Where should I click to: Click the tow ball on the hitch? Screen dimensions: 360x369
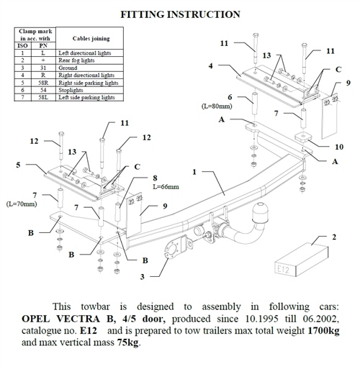[x=259, y=211]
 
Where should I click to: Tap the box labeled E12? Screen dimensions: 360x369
[x=301, y=260]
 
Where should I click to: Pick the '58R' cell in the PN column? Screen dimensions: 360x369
[x=43, y=83]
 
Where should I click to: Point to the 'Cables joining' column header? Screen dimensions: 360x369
[x=91, y=38]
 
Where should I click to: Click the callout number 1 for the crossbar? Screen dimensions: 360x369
[x=194, y=172]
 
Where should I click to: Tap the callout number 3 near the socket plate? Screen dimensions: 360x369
[x=143, y=277]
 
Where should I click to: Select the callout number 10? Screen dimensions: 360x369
[x=339, y=147]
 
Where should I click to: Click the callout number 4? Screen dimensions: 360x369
[x=210, y=65]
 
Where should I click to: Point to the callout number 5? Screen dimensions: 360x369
[x=18, y=165]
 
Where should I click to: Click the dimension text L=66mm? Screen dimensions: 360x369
[x=166, y=186]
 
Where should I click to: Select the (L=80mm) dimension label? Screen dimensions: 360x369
[x=217, y=106]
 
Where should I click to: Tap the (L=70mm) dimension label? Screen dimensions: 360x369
[x=22, y=204]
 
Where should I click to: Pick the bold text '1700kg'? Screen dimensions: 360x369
[x=323, y=331]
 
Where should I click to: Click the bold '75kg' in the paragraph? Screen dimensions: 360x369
[x=128, y=342]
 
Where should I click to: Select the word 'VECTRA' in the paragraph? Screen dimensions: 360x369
[x=78, y=319]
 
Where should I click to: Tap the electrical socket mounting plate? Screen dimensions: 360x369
[x=176, y=247]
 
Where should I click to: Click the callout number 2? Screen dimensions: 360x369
[x=334, y=237]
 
